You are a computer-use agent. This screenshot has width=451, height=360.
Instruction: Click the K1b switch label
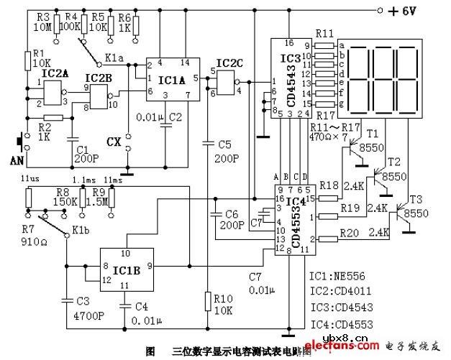point(81,231)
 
